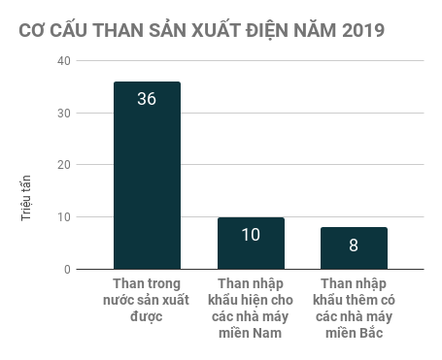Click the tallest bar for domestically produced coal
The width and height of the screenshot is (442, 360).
147,184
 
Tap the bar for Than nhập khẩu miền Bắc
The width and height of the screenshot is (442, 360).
354,249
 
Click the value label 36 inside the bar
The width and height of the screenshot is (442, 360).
147,98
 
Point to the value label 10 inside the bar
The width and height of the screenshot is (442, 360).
251,234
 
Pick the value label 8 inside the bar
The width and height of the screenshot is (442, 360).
354,245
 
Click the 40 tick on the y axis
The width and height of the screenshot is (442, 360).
64,60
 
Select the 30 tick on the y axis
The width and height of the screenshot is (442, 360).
64,113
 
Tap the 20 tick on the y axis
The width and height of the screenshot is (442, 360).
64,165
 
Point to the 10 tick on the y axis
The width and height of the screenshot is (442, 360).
64,216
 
